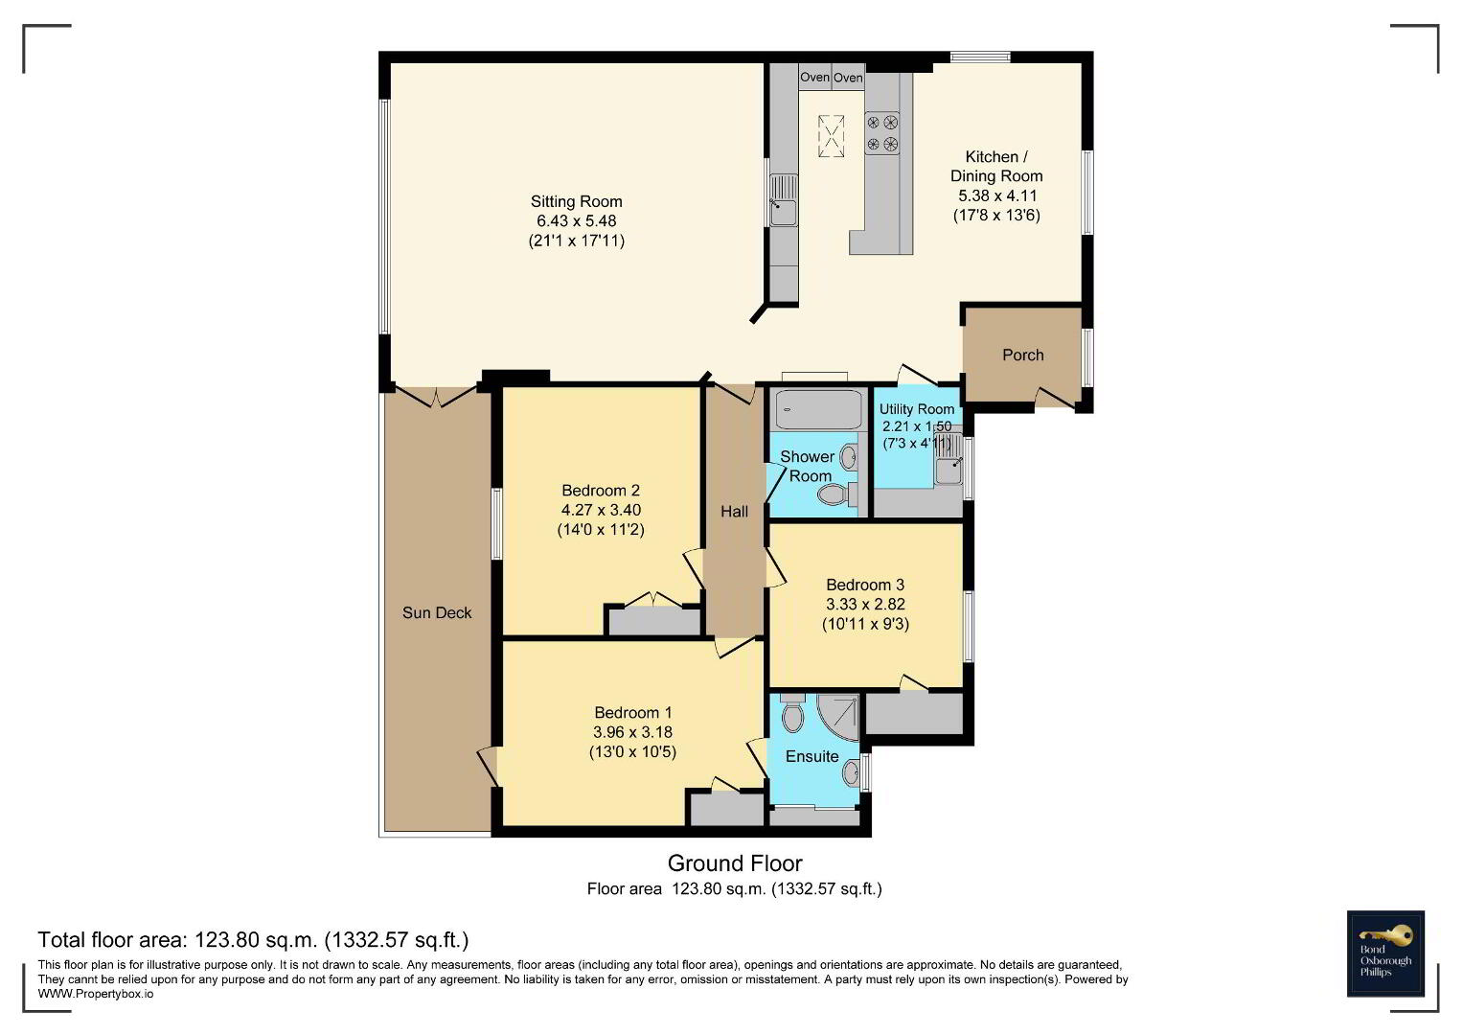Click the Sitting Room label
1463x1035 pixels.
pos(576,201)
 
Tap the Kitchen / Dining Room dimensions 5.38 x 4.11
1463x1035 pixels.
pos(996,195)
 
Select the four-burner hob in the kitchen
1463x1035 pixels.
pos(881,132)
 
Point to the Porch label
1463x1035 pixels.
pos(1023,355)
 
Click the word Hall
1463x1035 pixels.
pos(734,512)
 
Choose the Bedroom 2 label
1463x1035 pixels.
pos(600,490)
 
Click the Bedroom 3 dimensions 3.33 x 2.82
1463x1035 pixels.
pos(865,605)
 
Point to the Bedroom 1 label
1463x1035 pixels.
pos(633,712)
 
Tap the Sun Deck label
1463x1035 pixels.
pos(437,613)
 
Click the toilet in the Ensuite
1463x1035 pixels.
pos(792,714)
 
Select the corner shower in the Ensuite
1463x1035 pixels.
pos(838,718)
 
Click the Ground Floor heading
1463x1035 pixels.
pos(735,863)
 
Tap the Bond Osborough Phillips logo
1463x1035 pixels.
pos(1385,954)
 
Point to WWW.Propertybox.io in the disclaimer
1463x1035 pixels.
pos(96,995)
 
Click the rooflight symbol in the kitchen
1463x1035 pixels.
pos(832,136)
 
